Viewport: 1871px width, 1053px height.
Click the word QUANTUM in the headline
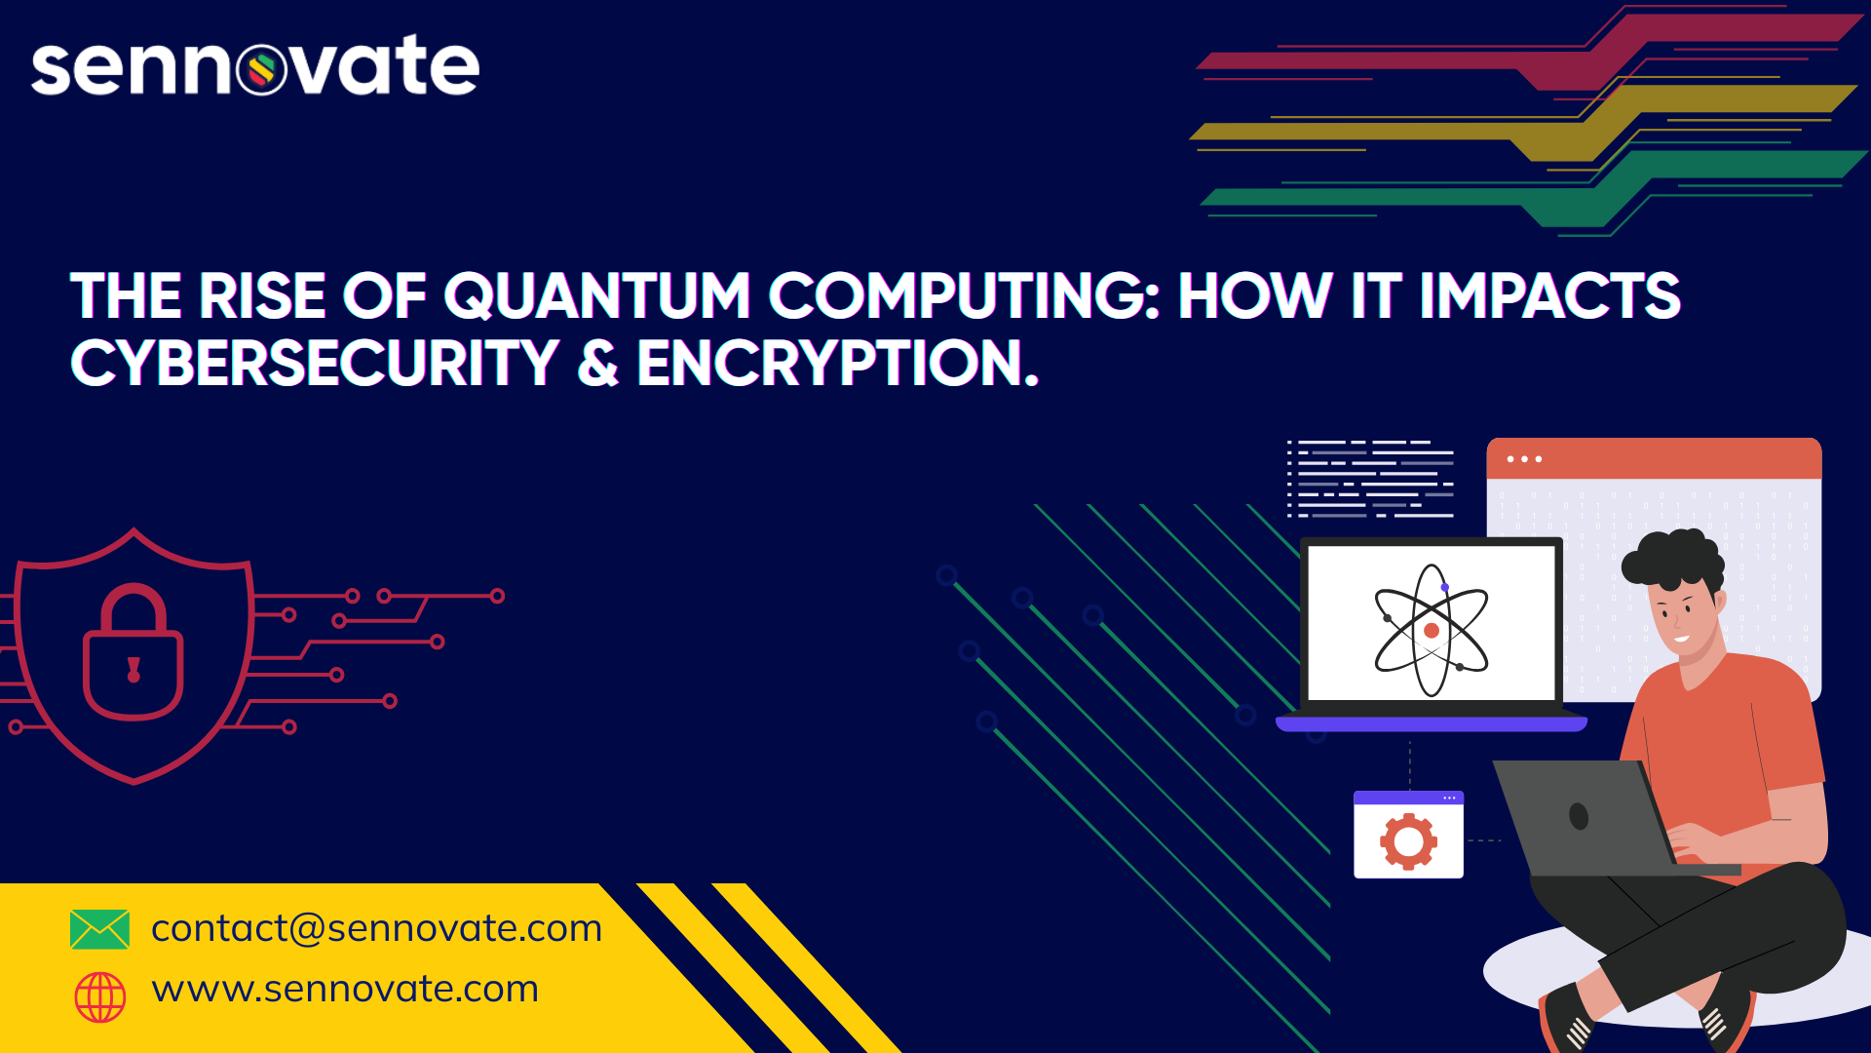coord(597,296)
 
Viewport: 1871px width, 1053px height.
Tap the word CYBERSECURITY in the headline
coord(315,363)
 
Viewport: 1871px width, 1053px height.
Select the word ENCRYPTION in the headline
coord(838,363)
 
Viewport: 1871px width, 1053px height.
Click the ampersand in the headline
coord(598,363)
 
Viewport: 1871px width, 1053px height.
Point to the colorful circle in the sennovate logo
coord(261,69)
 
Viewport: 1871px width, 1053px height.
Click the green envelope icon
coord(99,929)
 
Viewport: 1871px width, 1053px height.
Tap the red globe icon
coord(100,996)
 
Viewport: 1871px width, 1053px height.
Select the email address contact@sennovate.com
coord(376,928)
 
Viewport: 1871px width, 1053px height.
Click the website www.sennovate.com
coord(345,989)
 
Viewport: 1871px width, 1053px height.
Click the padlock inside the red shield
coord(134,651)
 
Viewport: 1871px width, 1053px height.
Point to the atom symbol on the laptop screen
coord(1432,630)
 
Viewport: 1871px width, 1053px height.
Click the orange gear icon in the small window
coord(1408,840)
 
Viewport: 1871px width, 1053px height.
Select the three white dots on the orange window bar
coord(1524,459)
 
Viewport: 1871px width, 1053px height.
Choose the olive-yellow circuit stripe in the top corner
coord(1525,123)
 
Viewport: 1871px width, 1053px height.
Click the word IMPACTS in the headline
coord(1549,296)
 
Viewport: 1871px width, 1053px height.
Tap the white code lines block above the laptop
coord(1370,479)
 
